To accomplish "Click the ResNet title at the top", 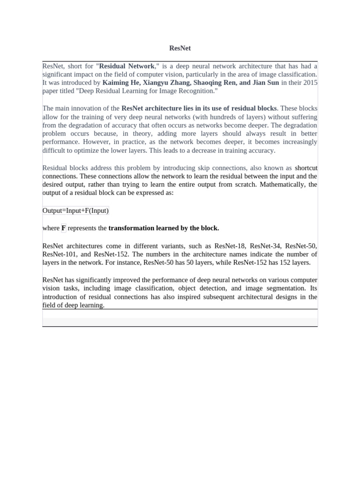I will (180, 48).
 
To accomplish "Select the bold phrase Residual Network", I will (127, 66).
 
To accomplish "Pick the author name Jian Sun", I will (265, 82).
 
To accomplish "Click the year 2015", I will (309, 82).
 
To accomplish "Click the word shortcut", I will (306, 168).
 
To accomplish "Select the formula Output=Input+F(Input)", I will (75, 210).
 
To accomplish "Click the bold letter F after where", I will (63, 228).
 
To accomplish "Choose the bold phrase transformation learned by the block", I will (164, 228).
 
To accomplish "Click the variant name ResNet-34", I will (265, 246).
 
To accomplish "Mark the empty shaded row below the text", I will (180, 322).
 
